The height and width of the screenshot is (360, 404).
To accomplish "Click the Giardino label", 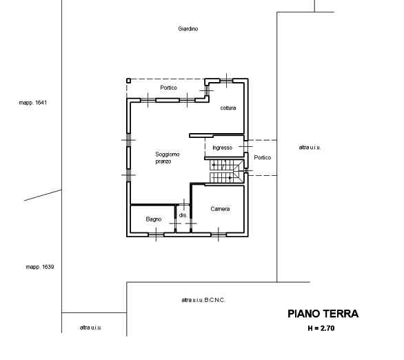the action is tap(188, 29).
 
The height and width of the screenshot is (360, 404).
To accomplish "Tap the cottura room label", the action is tap(228, 108).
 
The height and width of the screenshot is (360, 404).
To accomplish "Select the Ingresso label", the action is tap(223, 148).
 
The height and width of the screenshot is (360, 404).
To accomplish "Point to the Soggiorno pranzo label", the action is tap(168, 158).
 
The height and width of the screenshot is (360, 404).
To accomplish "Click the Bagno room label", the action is tap(154, 219).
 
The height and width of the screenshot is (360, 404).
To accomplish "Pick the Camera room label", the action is tap(220, 209).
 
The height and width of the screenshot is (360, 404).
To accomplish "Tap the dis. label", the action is tap(183, 215).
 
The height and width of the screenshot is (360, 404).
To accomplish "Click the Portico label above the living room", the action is tap(168, 88).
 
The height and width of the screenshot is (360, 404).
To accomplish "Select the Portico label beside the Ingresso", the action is tap(262, 157).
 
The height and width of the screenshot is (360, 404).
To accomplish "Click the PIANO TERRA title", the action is tap(323, 314).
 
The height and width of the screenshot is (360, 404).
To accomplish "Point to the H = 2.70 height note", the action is tap(321, 328).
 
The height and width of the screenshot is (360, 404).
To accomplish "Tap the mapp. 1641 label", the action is tap(33, 103).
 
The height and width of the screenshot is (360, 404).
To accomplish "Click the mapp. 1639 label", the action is tap(40, 267).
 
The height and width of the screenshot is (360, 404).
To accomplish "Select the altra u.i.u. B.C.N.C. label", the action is tap(203, 300).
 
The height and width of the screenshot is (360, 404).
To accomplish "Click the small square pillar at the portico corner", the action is tap(128, 81).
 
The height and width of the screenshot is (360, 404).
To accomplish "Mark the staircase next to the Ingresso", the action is tap(227, 171).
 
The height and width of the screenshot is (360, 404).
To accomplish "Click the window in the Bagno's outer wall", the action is tap(156, 234).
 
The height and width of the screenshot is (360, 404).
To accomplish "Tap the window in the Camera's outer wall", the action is tap(219, 234).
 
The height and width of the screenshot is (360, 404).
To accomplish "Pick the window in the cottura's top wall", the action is tap(226, 81).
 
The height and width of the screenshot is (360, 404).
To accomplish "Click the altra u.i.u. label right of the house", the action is tap(310, 148).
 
